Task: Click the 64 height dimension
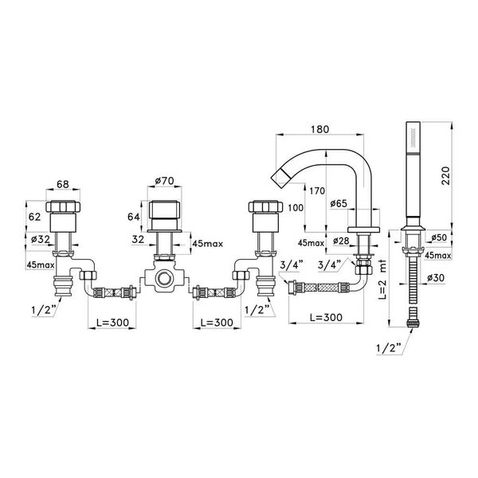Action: pos(135,215)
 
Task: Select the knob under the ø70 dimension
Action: pos(165,214)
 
